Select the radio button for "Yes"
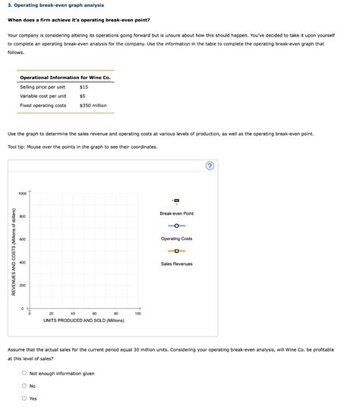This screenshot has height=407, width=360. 24,398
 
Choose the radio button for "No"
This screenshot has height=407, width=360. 24,386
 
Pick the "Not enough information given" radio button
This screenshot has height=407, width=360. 24,374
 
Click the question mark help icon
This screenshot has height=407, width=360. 210,166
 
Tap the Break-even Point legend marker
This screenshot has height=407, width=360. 176,200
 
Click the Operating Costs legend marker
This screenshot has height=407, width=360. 176,226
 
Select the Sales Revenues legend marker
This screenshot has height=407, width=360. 176,251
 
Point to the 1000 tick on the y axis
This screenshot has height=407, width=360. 23,194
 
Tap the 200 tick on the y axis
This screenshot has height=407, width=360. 24,286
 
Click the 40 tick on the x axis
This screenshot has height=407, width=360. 73,313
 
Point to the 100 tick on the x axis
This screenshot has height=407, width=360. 137,313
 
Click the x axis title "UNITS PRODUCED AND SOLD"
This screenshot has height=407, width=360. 84,320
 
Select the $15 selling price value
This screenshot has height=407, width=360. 84,87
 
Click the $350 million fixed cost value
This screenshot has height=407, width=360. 93,106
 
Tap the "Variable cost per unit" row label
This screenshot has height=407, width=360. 43,96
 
